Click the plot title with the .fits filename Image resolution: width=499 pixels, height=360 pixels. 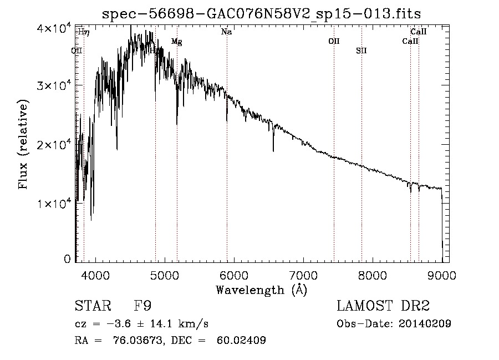[257, 14]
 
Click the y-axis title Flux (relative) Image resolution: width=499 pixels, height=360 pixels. [23, 144]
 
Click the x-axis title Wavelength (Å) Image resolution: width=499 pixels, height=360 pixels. [261, 290]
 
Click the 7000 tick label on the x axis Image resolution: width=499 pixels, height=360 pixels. [303, 275]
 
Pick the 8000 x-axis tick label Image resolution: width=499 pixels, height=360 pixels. [373, 275]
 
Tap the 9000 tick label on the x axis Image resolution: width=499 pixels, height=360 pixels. [442, 275]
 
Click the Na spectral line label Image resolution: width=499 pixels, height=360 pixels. [226, 32]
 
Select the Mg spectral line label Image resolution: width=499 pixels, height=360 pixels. [176, 42]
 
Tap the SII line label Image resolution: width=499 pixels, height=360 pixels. [361, 51]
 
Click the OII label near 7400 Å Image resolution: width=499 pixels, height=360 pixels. [334, 42]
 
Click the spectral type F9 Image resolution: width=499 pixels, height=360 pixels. [142, 306]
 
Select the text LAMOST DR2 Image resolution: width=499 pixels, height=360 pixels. [383, 306]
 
